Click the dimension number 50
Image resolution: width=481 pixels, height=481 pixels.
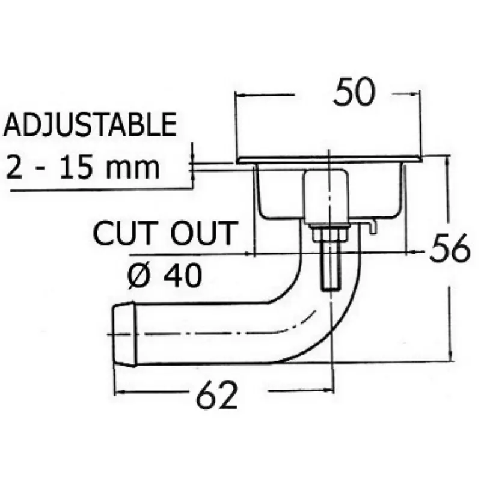(x=354, y=91)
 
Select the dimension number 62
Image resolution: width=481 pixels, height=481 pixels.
(x=217, y=395)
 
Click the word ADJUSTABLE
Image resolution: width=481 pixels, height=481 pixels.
(x=91, y=124)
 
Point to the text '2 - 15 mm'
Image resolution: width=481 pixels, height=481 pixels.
(x=83, y=168)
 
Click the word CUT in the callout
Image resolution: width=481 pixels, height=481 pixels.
(x=123, y=233)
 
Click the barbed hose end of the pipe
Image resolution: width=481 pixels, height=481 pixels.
(x=124, y=334)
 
